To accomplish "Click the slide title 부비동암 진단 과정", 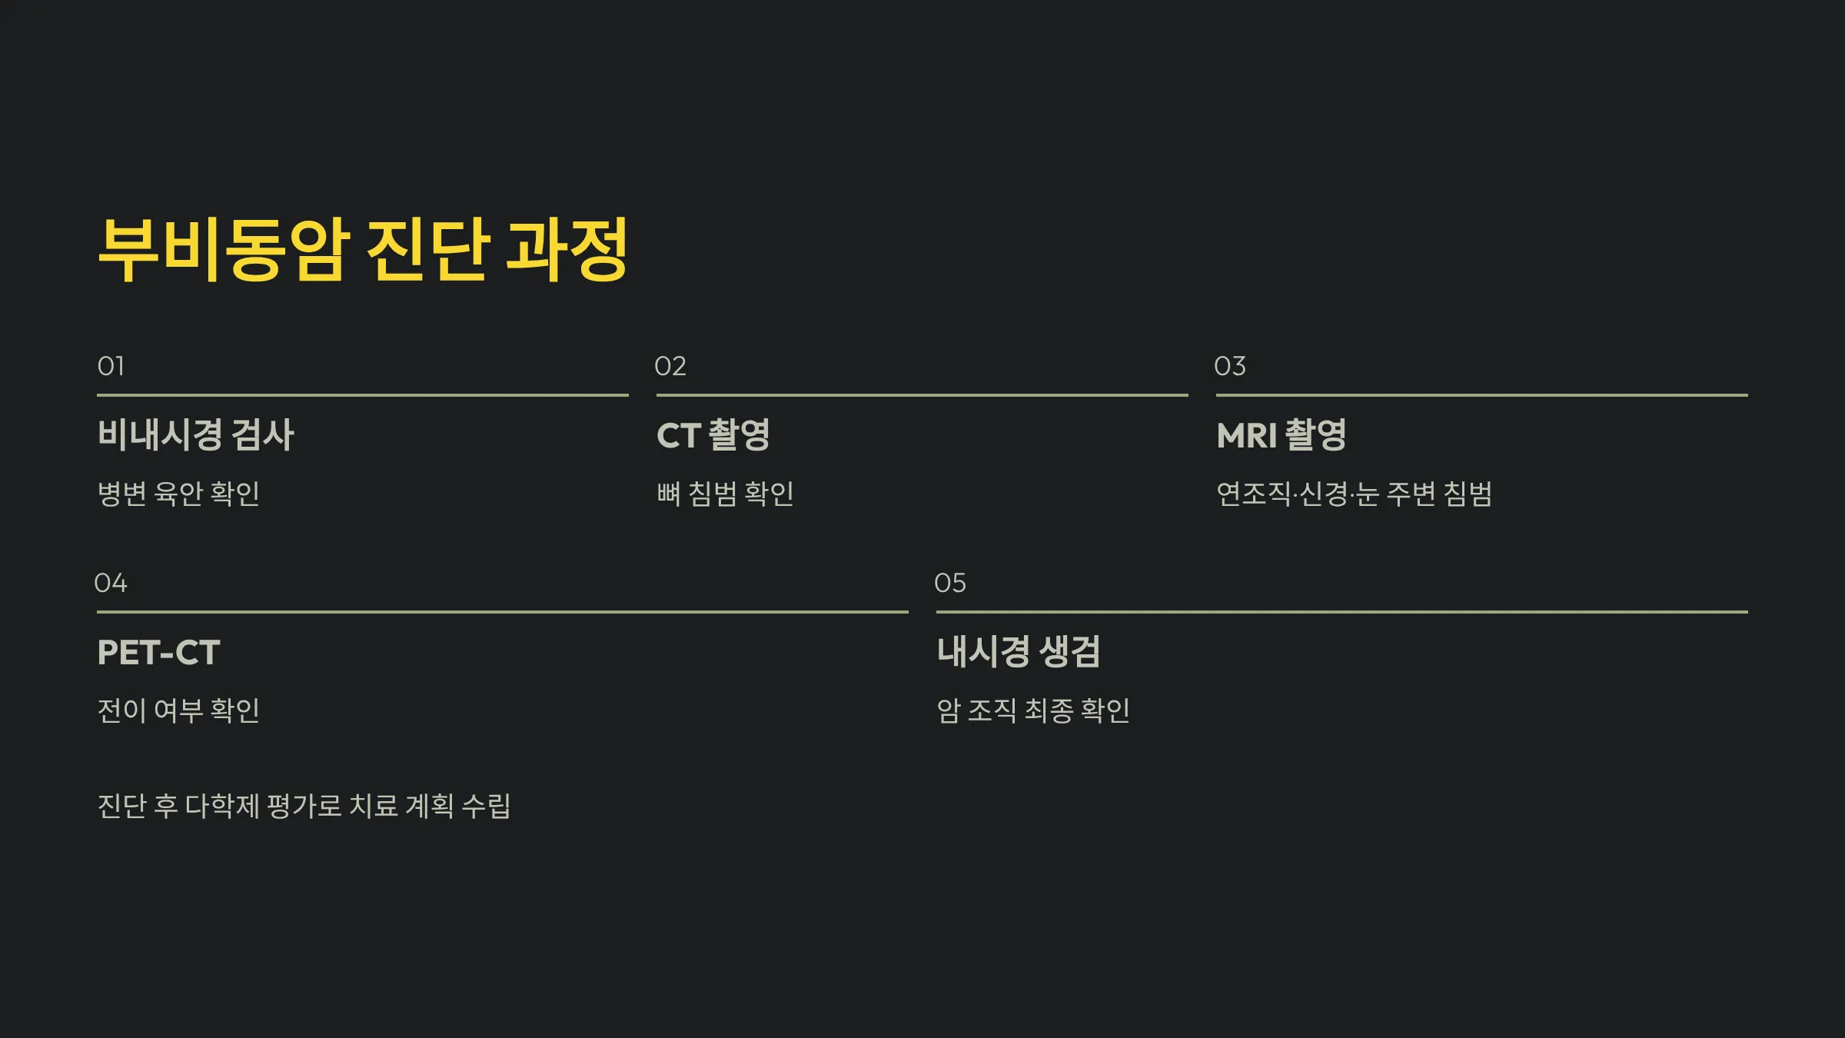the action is pos(363,249).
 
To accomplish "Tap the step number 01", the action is pos(111,366).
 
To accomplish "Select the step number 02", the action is pos(670,366).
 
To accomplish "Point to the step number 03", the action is pos(1229,366).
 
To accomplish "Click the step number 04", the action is pos(111,583).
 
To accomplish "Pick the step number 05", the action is pos(949,583).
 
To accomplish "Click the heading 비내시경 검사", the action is pos(196,434).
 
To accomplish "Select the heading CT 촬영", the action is pos(713,434).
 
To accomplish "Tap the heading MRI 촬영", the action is pos(1282,434).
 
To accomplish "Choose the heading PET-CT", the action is pos(158,653).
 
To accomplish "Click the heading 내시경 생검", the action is pos(1018,652).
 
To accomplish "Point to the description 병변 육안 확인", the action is pos(178,494).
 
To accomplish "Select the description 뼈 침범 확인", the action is pos(725,494).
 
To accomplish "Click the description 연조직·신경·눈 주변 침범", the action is pos(1354,494).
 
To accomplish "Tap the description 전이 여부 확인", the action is pos(178,710).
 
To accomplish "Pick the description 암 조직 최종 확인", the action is pos(1033,710).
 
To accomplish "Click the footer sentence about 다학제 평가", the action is pos(304,806).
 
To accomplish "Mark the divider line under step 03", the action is pos(1481,395).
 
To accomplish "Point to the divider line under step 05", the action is pos(1341,612).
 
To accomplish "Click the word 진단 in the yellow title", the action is pos(427,249).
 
